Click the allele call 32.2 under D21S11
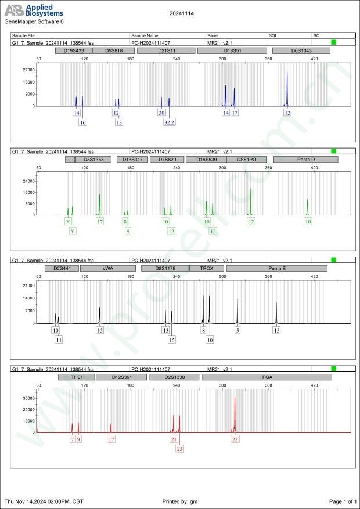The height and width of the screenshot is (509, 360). tap(170, 122)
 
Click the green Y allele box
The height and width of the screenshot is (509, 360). tap(73, 231)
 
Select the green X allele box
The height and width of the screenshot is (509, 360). tap(68, 222)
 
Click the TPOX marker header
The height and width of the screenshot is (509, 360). tap(206, 269)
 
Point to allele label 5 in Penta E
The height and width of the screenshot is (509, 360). tap(237, 330)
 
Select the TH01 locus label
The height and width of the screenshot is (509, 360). tap(76, 377)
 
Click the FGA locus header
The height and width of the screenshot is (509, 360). tap(267, 377)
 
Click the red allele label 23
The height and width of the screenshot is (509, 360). tap(179, 449)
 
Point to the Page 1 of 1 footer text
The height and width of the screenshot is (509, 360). tap(342, 501)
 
